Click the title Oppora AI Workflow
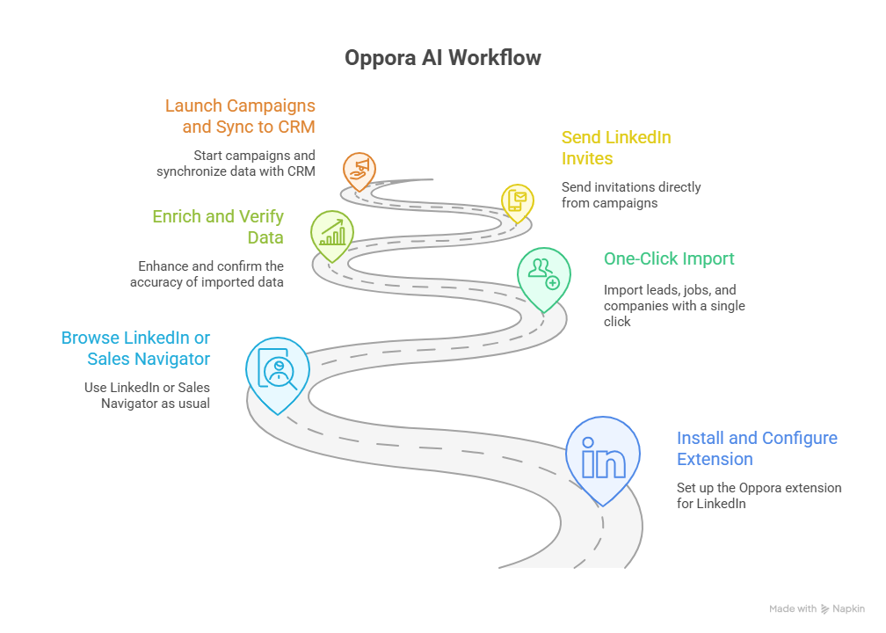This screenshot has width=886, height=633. [442, 58]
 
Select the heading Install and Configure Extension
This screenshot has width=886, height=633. [757, 448]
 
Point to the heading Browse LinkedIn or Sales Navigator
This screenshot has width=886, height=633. [135, 347]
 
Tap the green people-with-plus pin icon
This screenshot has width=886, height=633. [543, 275]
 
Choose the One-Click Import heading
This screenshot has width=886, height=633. [669, 259]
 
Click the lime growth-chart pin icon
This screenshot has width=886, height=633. [332, 233]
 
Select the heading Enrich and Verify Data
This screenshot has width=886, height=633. [218, 227]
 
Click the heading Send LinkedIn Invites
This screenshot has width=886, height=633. [616, 148]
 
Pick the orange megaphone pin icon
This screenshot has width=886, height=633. [359, 169]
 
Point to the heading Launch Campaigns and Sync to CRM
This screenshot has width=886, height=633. [240, 116]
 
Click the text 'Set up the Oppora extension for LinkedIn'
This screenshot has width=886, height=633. [759, 496]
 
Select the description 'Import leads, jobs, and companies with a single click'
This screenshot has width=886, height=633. [674, 305]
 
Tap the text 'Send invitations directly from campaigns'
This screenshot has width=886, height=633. [631, 194]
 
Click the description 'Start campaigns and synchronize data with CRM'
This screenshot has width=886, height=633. [236, 164]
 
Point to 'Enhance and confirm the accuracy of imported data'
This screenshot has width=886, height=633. [207, 273]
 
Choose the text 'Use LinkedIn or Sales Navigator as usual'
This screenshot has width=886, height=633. [147, 395]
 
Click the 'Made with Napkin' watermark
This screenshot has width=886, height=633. [817, 608]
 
